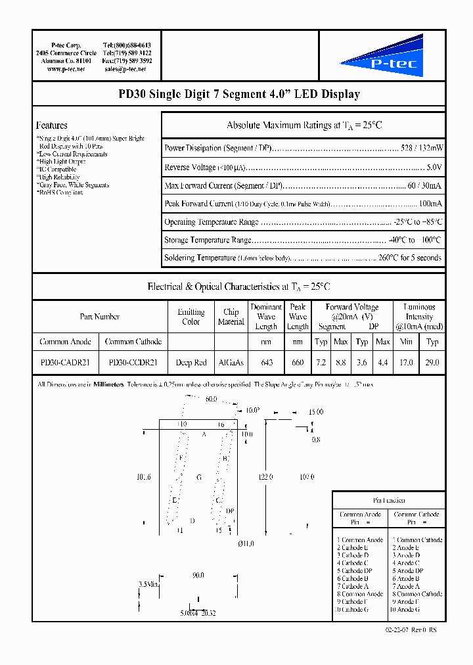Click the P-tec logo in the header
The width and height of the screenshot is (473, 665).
point(382,57)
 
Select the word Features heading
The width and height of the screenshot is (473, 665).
point(52,125)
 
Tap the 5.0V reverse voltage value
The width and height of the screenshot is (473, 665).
point(434,168)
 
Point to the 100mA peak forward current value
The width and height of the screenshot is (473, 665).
point(430,204)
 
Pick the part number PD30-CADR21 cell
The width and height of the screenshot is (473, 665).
point(65,361)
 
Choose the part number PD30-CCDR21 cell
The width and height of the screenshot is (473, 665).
point(133,361)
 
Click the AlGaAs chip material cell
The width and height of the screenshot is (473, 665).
point(231,361)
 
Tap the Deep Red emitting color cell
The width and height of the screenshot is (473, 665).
point(191,361)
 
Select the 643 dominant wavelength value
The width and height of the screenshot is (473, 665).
point(266,361)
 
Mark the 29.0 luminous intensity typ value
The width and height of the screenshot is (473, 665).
point(432,361)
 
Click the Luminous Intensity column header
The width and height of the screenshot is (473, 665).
point(419,316)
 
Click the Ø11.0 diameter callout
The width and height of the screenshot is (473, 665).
point(244,543)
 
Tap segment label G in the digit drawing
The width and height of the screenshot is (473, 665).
point(198,477)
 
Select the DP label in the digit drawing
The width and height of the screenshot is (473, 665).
point(229,511)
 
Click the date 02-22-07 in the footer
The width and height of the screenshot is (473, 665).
point(397,630)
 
